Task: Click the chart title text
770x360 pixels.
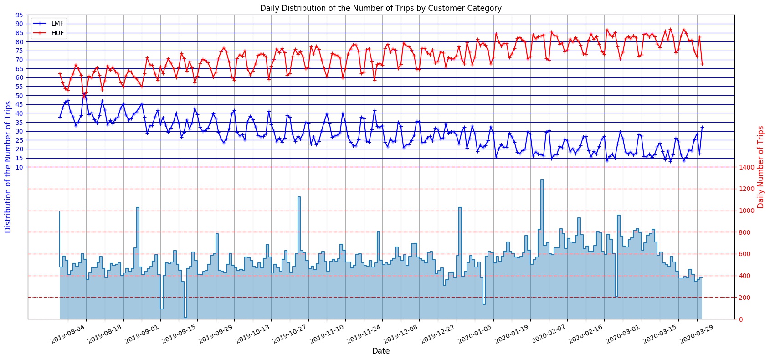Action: (380, 8)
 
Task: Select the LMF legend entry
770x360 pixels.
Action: (55, 23)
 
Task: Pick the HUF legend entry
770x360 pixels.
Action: (55, 33)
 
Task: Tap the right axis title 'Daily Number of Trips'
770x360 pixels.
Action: (760, 167)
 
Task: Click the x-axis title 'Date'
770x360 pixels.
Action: (380, 351)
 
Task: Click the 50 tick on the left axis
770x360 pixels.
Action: (19, 96)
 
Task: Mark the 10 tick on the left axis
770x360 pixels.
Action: (19, 167)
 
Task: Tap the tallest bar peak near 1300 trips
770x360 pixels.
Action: (542, 180)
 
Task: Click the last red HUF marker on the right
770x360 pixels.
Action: (702, 64)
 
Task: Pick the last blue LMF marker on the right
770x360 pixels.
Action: (702, 127)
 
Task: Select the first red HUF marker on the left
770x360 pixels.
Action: (60, 73)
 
